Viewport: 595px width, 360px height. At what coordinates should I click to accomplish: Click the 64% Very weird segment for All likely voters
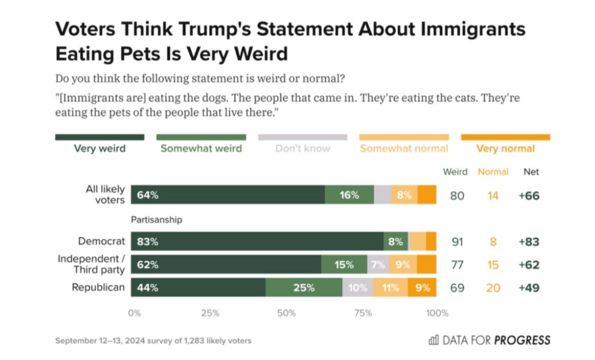point(228,195)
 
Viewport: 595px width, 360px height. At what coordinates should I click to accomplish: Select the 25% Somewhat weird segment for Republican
point(304,288)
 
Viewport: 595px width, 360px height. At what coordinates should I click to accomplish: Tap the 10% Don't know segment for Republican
point(358,288)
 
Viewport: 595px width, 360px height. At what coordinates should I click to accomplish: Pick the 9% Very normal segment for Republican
point(422,288)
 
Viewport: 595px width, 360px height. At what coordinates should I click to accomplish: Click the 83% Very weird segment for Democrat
point(257,242)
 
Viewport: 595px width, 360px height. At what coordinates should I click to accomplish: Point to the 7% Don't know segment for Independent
point(378,265)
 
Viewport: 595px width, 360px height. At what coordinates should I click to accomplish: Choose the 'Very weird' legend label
point(100,149)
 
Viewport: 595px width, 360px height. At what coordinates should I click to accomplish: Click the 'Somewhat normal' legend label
point(404,149)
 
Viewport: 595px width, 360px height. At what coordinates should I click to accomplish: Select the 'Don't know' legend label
point(303,149)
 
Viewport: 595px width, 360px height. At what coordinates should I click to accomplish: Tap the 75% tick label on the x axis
point(363,313)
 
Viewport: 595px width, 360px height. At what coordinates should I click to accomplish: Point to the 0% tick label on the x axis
point(134,313)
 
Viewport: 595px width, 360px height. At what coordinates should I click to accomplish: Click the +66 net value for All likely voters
point(529,196)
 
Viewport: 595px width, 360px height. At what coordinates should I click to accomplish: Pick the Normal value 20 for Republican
point(493,288)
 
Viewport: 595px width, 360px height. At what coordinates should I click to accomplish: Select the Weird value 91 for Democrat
point(457,242)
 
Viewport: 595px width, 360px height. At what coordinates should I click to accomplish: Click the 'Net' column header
point(531,172)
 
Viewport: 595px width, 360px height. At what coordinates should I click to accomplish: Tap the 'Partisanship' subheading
point(156,220)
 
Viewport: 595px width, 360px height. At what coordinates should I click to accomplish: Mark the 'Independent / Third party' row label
point(91,264)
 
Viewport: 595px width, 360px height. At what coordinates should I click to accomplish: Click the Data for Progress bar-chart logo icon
point(433,340)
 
